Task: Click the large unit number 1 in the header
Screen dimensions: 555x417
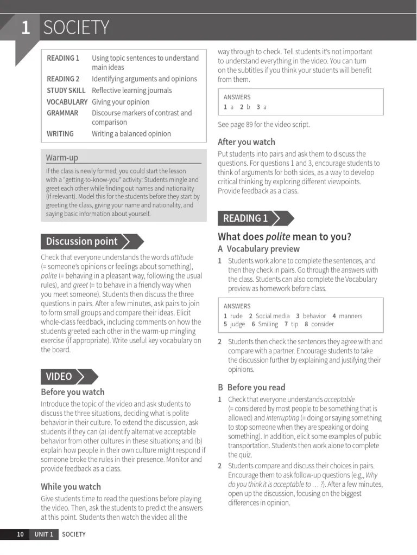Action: tap(25, 28)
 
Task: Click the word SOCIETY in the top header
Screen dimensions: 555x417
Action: tap(76, 28)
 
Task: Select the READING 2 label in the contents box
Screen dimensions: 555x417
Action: tap(63, 79)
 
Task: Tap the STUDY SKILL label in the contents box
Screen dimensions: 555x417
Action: tap(66, 91)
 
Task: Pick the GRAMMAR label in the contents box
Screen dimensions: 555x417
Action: tap(62, 113)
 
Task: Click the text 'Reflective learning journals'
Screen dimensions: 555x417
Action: tap(131, 91)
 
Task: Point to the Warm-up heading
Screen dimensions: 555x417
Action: tap(62, 158)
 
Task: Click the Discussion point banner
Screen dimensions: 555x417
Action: tap(82, 242)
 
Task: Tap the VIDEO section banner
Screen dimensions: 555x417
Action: tap(59, 377)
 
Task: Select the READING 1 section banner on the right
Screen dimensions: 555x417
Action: tap(245, 218)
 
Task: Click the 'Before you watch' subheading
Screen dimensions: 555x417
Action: tap(73, 392)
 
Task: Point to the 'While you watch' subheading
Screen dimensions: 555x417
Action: tap(71, 487)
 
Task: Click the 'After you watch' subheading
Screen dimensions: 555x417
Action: tap(247, 142)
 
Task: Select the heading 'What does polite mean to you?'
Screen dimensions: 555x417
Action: tap(285, 237)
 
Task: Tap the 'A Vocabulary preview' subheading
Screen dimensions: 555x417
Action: tap(258, 249)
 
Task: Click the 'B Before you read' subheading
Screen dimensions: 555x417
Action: tap(251, 388)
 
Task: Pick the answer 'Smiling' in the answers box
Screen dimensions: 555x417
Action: tap(268, 324)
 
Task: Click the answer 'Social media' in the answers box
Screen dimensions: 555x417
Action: tap(273, 316)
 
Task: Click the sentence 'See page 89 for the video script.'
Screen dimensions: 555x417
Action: tap(264, 125)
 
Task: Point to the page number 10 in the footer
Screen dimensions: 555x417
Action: tap(20, 534)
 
